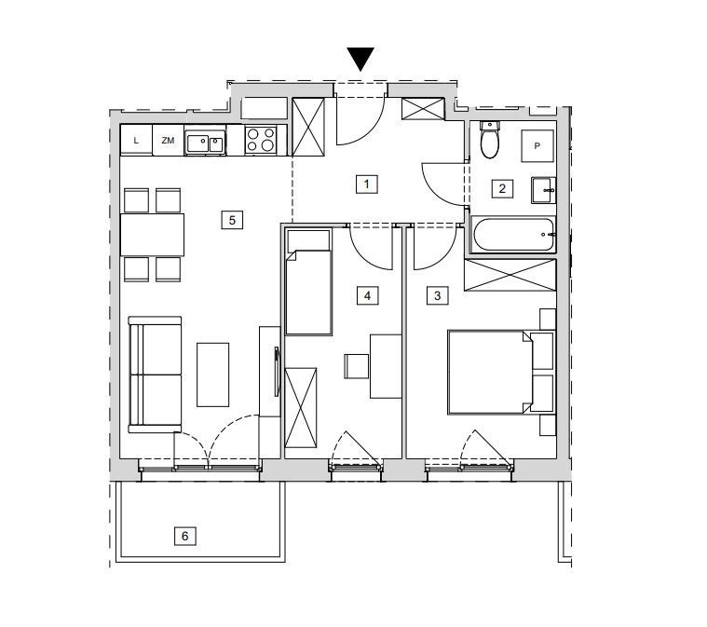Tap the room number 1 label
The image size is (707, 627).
click(367, 184)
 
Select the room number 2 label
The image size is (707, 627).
click(502, 188)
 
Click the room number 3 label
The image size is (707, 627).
click(438, 296)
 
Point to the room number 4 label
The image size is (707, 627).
click(368, 296)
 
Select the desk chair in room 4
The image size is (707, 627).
click(357, 366)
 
